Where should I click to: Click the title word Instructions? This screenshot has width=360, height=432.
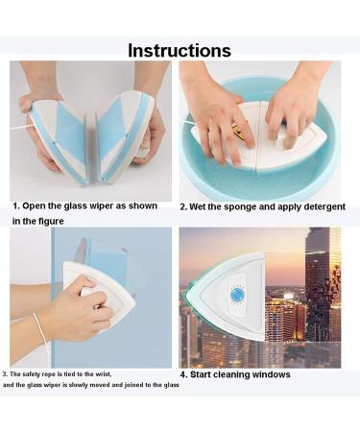pos(180,50)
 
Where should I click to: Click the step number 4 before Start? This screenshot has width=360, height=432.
pos(182,374)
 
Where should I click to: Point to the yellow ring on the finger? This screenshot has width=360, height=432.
pos(235,128)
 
